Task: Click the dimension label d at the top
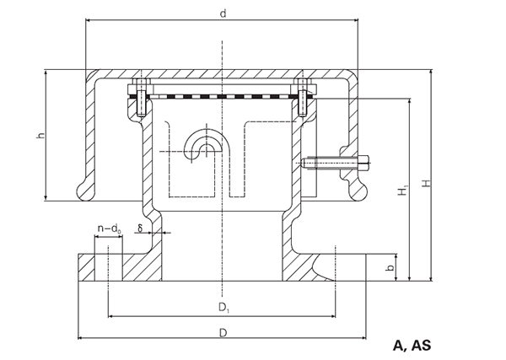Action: coord(223,13)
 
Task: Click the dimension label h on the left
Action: coord(40,136)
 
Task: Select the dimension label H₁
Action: coord(402,190)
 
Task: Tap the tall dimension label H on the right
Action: coord(427,183)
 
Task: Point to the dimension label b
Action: coord(390,267)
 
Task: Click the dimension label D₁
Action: coord(224,308)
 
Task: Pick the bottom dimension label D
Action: coord(223,332)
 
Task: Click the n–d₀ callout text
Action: coord(109,228)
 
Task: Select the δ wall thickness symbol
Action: coord(140,228)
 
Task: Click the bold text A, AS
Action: coord(412,346)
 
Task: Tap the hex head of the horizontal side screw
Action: coord(363,163)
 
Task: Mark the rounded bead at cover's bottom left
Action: coord(84,191)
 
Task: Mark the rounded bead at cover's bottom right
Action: coord(359,191)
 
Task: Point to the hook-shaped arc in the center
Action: coord(202,141)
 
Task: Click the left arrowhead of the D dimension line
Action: coord(81,338)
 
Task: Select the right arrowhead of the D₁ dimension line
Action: coord(333,316)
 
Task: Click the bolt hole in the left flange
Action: coord(109,267)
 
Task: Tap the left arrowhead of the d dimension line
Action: coord(88,20)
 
